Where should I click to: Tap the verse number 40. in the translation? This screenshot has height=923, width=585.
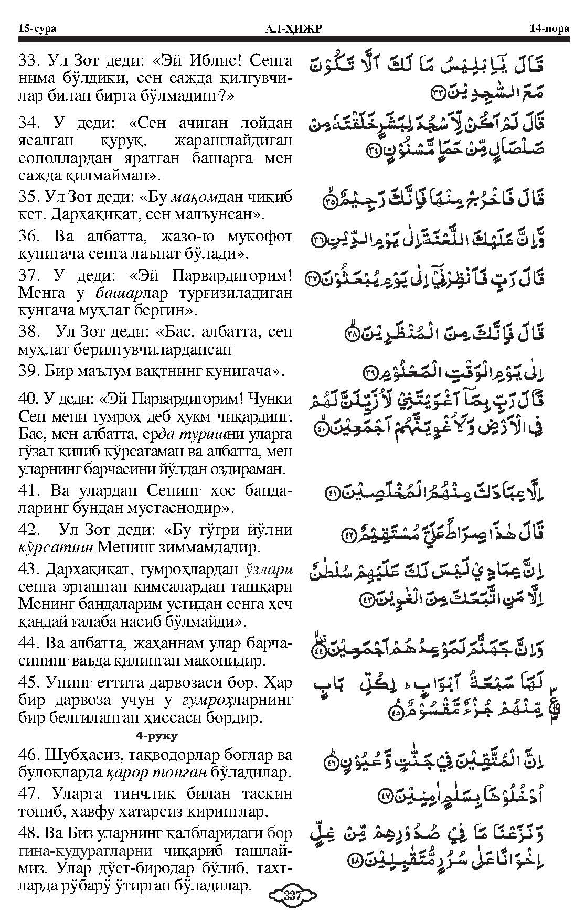pyautogui.click(x=30, y=399)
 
